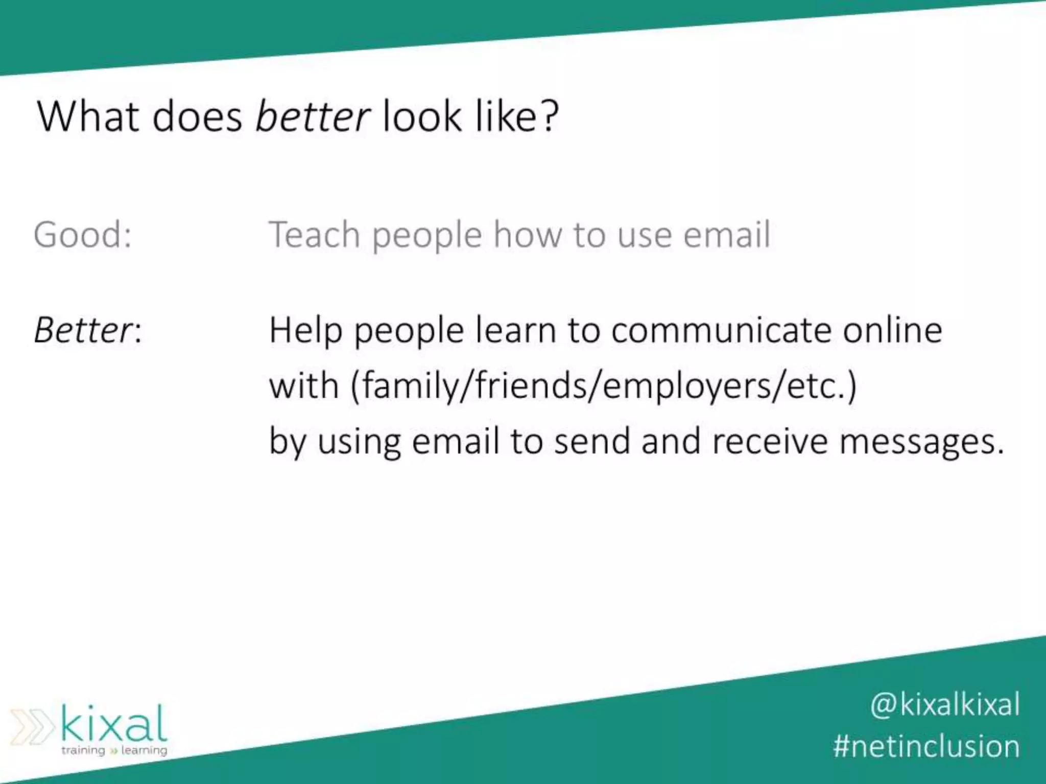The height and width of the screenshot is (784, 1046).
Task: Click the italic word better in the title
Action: pos(312,116)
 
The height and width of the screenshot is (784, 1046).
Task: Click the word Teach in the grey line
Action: pos(314,235)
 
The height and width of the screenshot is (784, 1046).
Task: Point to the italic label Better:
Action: pos(87,330)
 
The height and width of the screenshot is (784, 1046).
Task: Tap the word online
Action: pos(892,330)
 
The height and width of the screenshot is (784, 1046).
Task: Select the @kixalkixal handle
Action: pos(945,705)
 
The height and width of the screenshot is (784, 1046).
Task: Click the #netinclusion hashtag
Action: pos(926,746)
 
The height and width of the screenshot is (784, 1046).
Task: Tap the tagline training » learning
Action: pos(114,750)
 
